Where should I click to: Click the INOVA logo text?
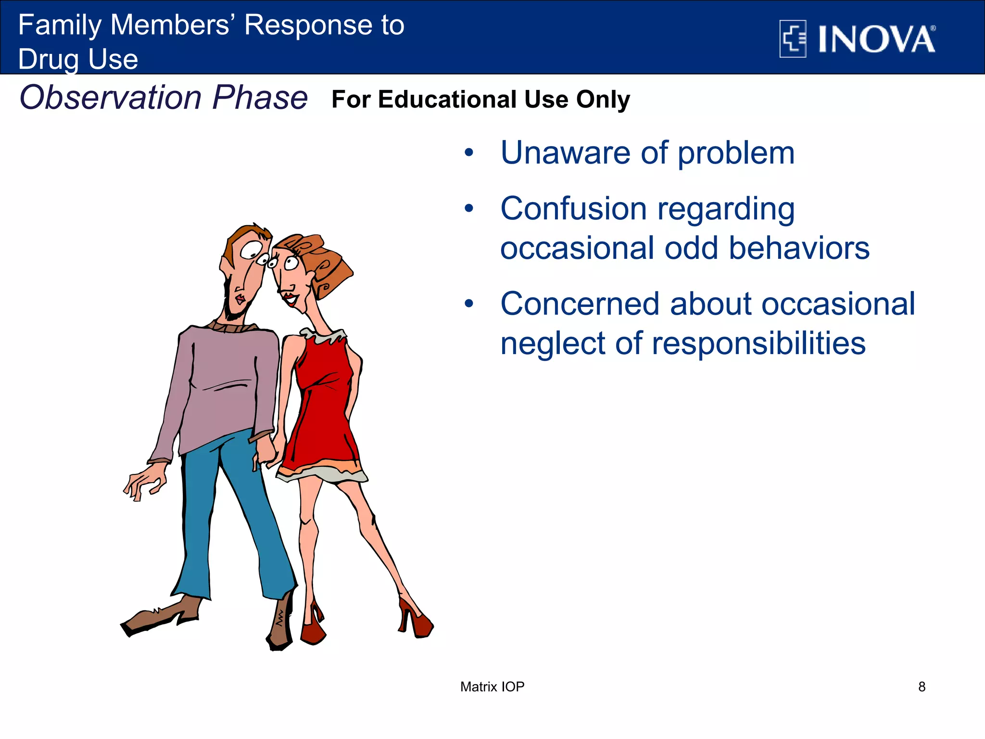[876, 39]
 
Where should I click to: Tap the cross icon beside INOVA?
[793, 38]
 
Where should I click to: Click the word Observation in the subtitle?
[110, 98]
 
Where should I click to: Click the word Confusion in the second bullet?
[573, 209]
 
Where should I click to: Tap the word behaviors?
[799, 248]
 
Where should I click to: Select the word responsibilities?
[758, 344]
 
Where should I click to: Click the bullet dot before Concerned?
[469, 304]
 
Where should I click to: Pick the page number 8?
[922, 687]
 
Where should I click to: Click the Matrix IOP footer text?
[492, 687]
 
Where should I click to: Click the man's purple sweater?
[221, 380]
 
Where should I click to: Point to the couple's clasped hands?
[269, 450]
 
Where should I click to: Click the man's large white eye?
[251, 250]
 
